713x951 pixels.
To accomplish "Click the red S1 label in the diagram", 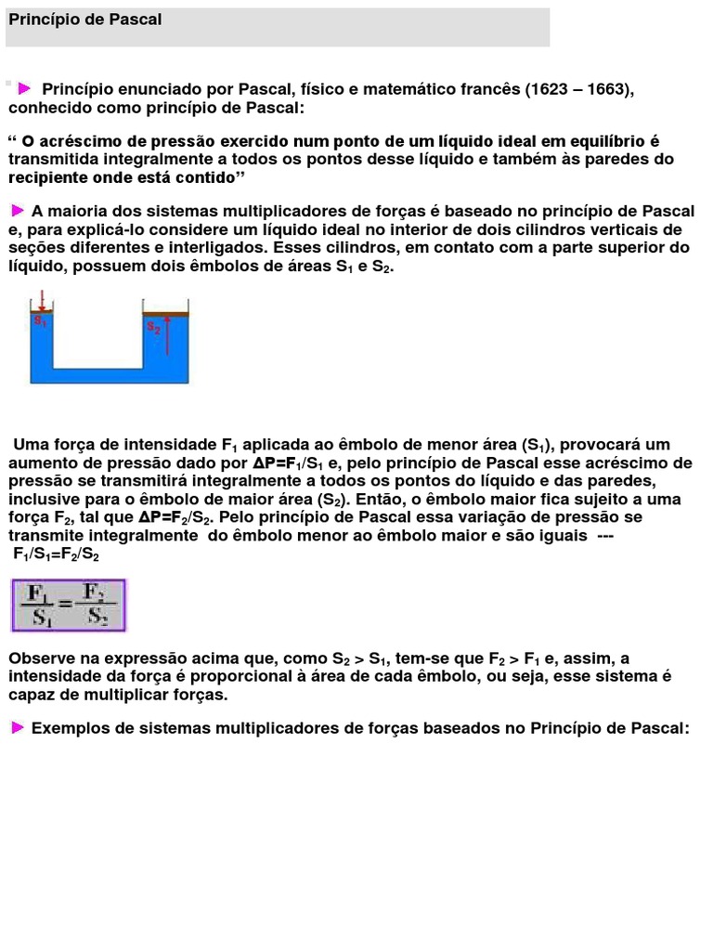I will [40, 321].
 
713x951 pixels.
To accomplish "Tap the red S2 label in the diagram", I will [153, 328].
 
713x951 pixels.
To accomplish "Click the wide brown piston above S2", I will [165, 314].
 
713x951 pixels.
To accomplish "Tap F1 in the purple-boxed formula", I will [40, 593].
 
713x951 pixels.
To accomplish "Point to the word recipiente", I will [47, 176].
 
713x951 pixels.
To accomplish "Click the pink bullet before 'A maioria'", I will [18, 210].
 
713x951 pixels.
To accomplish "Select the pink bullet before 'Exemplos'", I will [18, 727].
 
